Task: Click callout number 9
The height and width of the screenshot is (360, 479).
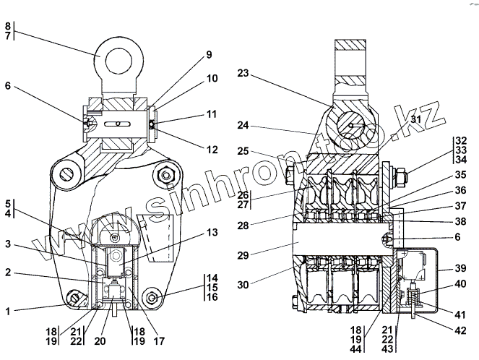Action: pos(209,55)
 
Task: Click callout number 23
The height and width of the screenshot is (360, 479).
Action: pos(241,73)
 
